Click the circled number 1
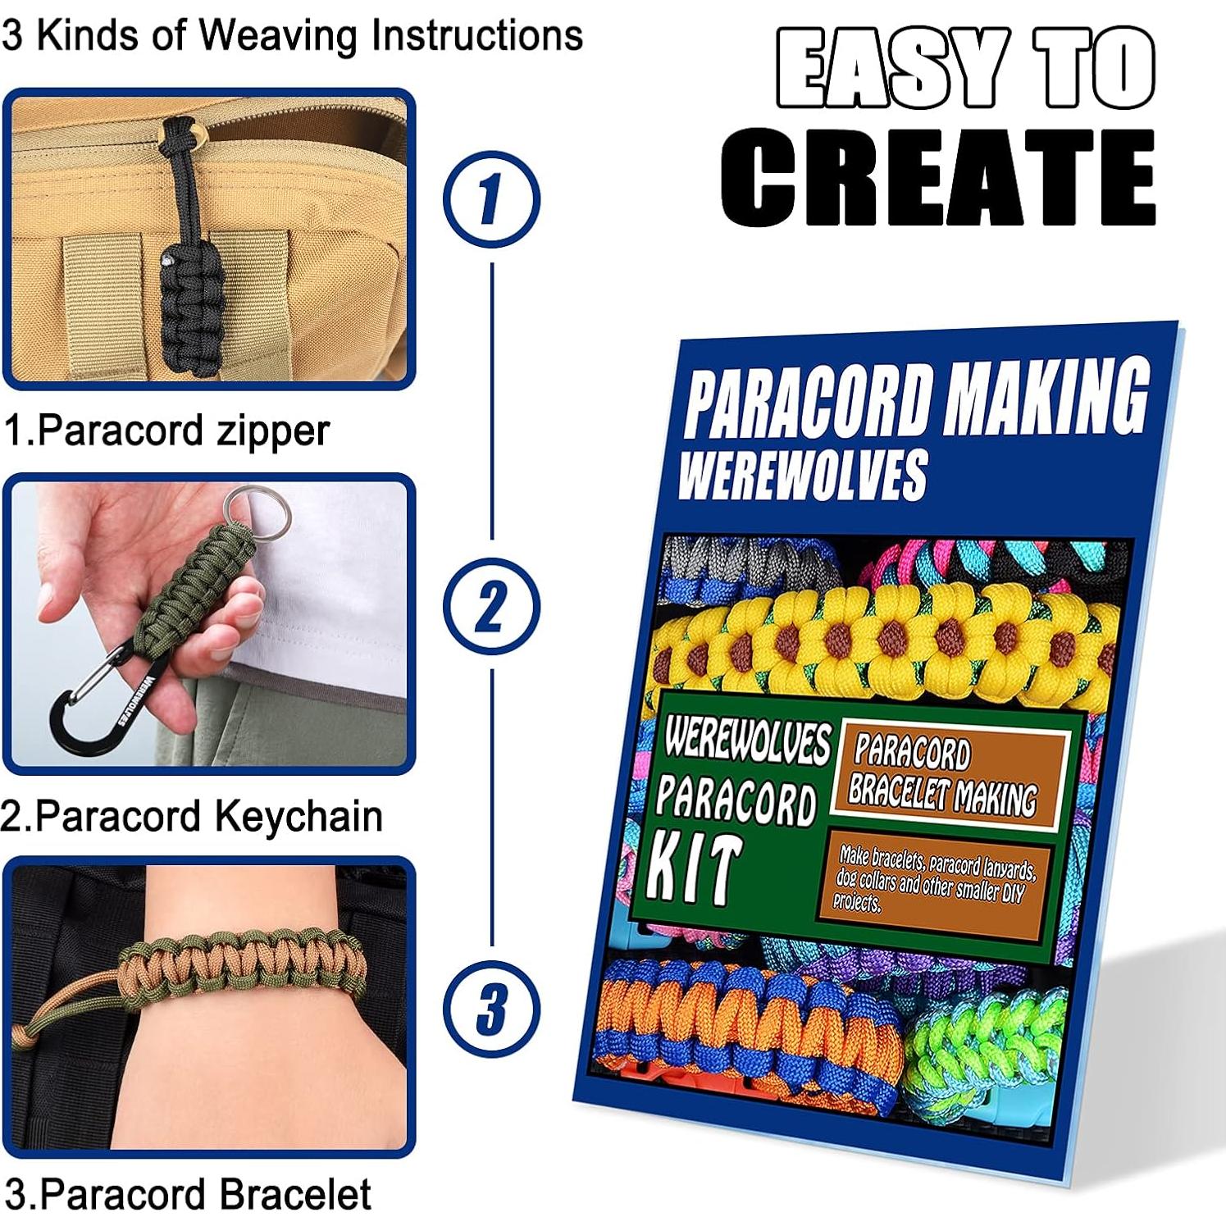click(490, 199)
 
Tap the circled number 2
click(490, 606)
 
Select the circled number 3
click(490, 1009)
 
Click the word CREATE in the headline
click(938, 178)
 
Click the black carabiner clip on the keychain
click(90, 705)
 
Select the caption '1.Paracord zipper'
click(166, 431)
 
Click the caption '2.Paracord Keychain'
click(192, 816)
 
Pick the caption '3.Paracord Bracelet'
click(188, 1194)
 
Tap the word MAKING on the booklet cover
click(1046, 398)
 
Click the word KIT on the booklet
click(695, 869)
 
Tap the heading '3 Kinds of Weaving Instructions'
click(292, 35)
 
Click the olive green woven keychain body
click(185, 590)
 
